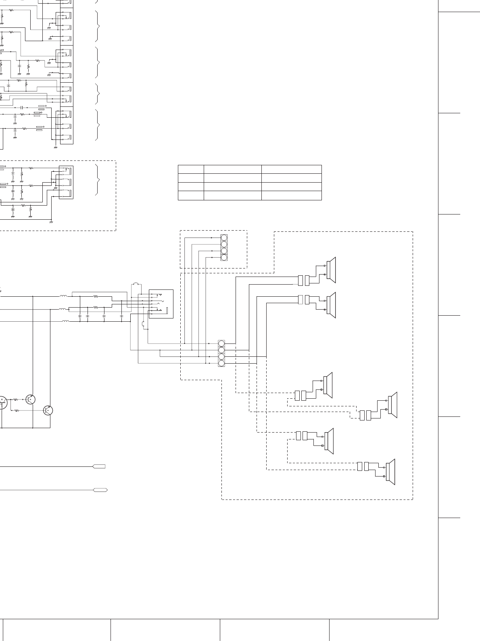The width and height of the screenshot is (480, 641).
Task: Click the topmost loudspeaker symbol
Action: [x=331, y=270]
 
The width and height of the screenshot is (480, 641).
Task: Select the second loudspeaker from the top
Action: [x=331, y=305]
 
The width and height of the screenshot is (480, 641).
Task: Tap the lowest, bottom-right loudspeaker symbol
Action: [x=390, y=472]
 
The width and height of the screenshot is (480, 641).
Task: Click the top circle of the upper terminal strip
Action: [x=224, y=238]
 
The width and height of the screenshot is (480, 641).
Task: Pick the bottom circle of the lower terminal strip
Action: [x=221, y=364]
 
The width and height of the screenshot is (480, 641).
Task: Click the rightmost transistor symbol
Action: [x=48, y=410]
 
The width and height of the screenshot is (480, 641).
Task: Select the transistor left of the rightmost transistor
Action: [x=30, y=399]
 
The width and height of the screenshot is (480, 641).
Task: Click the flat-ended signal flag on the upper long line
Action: [x=99, y=466]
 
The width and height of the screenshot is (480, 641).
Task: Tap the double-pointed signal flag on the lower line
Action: [x=100, y=490]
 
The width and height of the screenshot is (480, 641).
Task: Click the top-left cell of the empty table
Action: [x=191, y=169]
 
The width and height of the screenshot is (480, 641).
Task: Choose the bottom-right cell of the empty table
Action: [x=291, y=196]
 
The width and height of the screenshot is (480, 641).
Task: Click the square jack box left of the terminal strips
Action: [x=161, y=304]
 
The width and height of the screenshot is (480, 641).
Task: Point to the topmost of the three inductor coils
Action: [x=63, y=296]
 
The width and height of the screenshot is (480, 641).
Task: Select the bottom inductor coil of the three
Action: [x=65, y=321]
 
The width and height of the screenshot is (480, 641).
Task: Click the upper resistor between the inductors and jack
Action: [x=96, y=296]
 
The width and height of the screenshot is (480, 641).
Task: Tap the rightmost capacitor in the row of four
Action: [x=121, y=316]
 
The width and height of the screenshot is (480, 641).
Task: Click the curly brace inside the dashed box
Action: [x=97, y=180]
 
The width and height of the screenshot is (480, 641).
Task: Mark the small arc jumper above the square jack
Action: [x=136, y=284]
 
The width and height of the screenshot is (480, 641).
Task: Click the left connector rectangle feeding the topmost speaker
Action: [x=301, y=280]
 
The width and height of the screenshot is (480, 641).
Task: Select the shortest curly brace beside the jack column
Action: [x=98, y=94]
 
